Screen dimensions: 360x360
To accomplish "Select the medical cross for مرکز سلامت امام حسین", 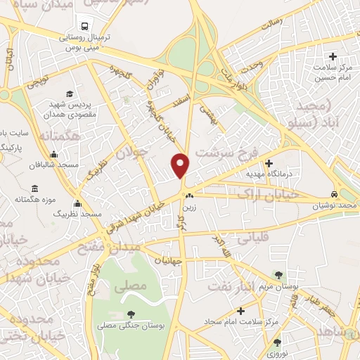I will tap(333, 56).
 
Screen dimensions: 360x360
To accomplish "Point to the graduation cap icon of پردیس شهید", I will tap(69, 94).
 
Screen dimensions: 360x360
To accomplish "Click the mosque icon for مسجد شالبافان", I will tap(53, 155).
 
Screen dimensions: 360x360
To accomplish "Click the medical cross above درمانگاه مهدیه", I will tap(268, 163).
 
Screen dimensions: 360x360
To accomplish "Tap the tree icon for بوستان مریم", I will tap(279, 276).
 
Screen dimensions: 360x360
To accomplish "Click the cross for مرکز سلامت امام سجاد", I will tap(241, 310).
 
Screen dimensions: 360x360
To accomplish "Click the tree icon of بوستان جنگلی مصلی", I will tap(130, 314).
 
